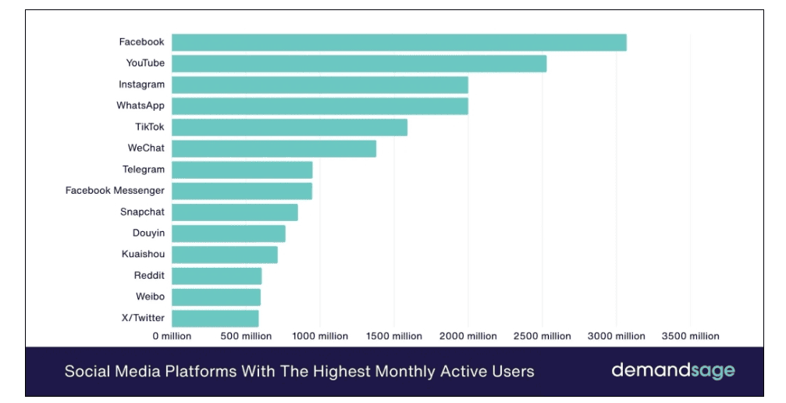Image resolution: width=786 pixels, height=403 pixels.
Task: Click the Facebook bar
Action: (x=399, y=42)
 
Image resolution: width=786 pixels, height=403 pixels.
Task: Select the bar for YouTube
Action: (x=359, y=63)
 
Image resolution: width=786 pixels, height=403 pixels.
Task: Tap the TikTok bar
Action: (x=290, y=127)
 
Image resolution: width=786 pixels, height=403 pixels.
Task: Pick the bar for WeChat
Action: (x=274, y=148)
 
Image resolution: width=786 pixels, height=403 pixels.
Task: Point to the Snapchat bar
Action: (x=235, y=212)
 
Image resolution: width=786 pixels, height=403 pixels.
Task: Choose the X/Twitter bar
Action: (x=215, y=318)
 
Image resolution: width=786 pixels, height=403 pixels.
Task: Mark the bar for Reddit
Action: (x=217, y=276)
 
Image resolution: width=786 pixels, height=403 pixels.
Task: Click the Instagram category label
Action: (x=141, y=84)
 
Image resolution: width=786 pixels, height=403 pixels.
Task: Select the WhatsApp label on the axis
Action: (x=140, y=105)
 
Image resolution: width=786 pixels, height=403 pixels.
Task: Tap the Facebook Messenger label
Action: (x=115, y=191)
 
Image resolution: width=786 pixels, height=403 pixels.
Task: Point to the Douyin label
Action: (x=148, y=233)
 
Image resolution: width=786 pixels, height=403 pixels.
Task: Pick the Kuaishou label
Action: (x=143, y=254)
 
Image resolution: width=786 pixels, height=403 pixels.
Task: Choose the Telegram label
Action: (x=144, y=169)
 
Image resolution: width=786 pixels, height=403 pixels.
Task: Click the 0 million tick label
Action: (x=172, y=337)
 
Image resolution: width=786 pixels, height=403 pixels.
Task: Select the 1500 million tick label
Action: (x=393, y=337)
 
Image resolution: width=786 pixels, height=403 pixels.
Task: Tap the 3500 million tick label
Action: (x=690, y=337)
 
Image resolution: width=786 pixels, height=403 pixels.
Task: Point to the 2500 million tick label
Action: (x=542, y=337)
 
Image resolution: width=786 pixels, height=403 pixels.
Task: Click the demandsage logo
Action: (x=673, y=370)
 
